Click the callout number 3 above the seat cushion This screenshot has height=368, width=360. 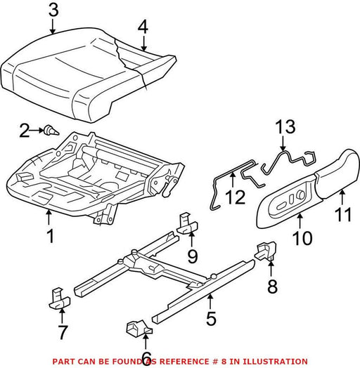tap(53, 11)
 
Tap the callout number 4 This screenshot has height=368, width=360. tap(143, 27)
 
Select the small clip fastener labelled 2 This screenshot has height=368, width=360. tap(51, 130)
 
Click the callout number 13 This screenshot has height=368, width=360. tap(285, 126)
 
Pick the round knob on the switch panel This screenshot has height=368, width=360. tap(300, 195)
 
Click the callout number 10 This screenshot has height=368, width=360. tap(302, 238)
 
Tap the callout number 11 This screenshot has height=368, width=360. tap(343, 214)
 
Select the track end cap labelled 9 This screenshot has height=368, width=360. tap(187, 223)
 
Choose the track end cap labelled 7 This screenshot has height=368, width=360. tap(59, 298)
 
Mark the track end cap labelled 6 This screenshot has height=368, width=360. tap(139, 327)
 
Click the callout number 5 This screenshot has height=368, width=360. tap(211, 318)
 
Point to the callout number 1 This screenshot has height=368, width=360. tap(51, 236)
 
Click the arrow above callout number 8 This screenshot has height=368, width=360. tap(271, 269)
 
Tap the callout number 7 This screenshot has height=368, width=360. tap(63, 333)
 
